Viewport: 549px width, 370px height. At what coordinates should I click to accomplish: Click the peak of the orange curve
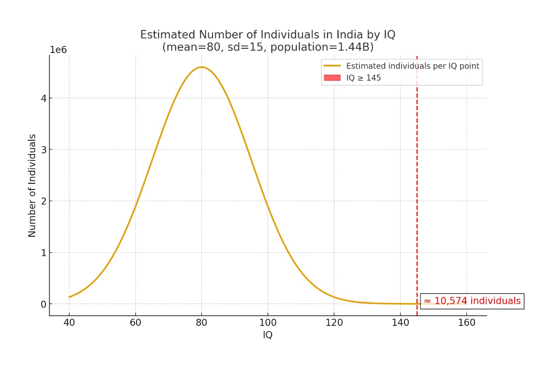(202, 67)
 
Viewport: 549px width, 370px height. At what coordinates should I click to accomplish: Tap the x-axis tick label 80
(202, 323)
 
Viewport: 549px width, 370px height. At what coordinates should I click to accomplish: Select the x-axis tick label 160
(466, 323)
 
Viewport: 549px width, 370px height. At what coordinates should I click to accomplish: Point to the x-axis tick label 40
(69, 323)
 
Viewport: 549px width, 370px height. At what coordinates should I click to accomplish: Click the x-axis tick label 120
(334, 323)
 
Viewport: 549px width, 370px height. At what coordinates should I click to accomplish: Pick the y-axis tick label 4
(43, 98)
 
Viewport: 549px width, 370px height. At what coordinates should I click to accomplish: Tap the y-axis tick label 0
(43, 304)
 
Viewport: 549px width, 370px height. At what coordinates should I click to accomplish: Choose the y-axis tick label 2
(43, 201)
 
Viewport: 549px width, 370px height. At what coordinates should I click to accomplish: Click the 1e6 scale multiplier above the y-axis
(59, 50)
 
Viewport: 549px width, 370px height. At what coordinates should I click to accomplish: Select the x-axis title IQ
(267, 335)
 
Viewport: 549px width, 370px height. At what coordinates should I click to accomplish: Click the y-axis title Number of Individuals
(32, 185)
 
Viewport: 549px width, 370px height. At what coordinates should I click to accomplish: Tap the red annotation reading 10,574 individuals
(472, 301)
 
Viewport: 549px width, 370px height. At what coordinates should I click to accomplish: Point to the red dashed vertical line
(417, 188)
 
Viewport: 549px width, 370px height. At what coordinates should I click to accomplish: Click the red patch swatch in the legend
(332, 78)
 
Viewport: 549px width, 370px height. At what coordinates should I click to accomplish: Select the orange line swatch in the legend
(332, 66)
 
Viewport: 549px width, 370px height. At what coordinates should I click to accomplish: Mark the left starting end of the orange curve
(69, 297)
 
